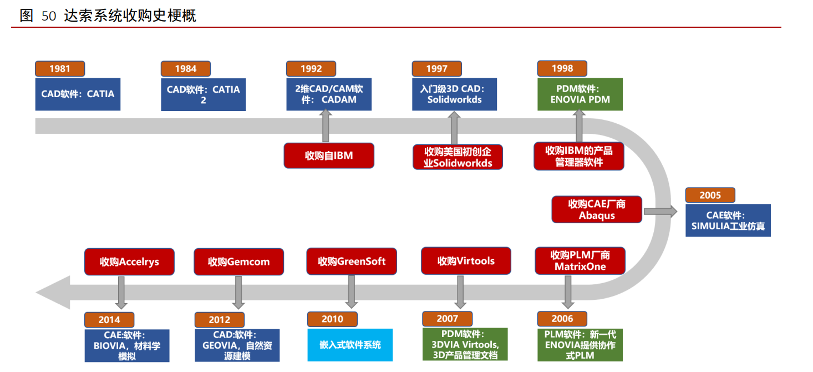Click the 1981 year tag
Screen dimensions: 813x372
coord(60,69)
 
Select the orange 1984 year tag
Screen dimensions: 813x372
coord(185,69)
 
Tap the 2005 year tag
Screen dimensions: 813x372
coord(710,195)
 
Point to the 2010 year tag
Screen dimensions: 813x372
coord(332,319)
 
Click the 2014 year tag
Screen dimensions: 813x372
coord(109,320)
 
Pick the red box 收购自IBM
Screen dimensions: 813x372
coord(329,155)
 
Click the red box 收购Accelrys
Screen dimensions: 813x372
coord(129,262)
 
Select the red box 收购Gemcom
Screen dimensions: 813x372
coord(239,262)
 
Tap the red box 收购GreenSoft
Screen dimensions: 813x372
coord(352,261)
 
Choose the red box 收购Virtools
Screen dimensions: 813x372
coord(466,261)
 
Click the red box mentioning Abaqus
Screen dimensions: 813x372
coord(597,210)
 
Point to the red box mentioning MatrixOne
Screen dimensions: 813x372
coord(580,261)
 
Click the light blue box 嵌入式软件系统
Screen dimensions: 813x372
coord(350,345)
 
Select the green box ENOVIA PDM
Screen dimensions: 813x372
coord(580,94)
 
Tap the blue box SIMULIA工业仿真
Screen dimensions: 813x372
coord(728,220)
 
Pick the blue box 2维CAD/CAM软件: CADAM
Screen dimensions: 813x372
coord(329,94)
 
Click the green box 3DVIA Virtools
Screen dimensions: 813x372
coord(465,344)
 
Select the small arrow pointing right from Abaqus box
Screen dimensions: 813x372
coord(660,212)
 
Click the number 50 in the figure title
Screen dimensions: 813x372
coord(49,16)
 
